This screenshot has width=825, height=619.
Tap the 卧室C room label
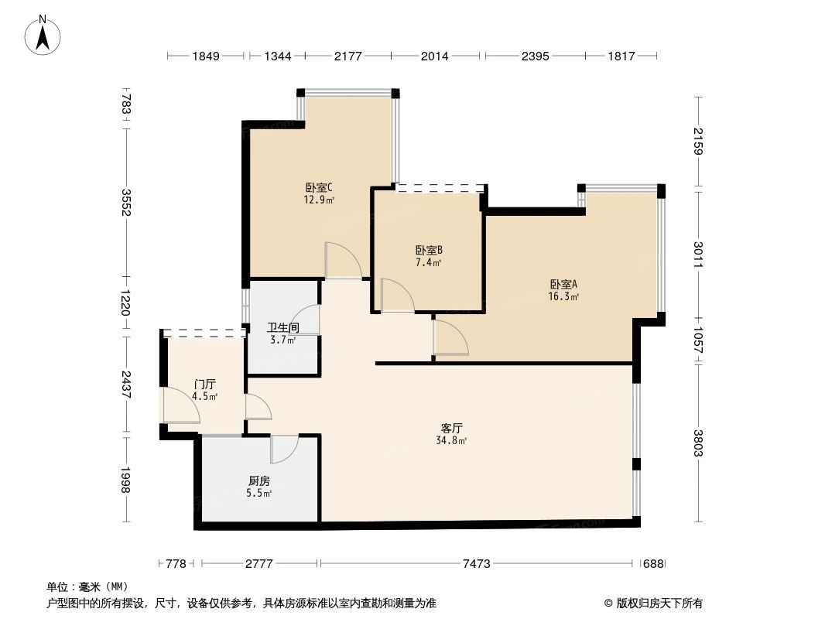tap(319, 187)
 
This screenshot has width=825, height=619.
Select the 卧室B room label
tap(428, 251)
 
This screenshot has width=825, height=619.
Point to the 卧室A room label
tap(565, 283)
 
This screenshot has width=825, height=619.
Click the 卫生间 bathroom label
tap(283, 328)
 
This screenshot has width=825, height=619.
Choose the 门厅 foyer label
tap(205, 385)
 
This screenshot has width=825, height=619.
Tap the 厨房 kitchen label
tap(259, 480)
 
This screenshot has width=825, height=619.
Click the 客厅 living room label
tap(451, 428)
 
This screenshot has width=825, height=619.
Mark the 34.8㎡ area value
tap(451, 441)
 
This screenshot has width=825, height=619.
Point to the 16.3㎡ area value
tap(565, 296)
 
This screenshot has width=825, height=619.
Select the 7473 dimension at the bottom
tap(476, 564)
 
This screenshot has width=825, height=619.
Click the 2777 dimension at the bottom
tap(259, 564)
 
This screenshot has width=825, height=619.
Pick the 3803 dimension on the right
tap(699, 443)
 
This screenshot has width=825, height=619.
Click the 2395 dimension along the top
tap(534, 56)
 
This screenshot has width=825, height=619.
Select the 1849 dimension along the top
tap(207, 56)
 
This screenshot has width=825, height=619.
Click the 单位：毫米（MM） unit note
tap(87, 587)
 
